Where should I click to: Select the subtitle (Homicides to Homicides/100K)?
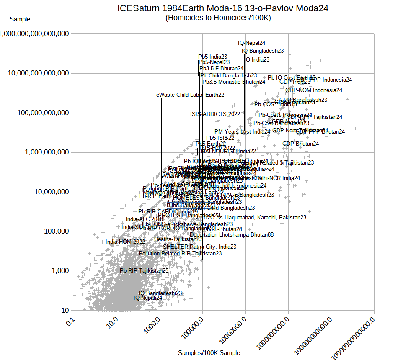tap(218, 18)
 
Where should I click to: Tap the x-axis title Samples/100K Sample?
tap(209, 353)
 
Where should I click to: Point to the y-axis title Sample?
tap(20, 19)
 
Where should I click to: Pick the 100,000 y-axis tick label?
tap(54, 231)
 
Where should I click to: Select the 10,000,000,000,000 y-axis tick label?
tap(38, 73)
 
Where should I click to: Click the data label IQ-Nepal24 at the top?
tap(251, 43)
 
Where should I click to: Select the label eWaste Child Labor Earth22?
tap(190, 95)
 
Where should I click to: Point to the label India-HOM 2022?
tap(125, 242)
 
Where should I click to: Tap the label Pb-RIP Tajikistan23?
tap(144, 271)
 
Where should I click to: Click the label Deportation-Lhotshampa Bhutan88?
tap(232, 235)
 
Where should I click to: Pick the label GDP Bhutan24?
tap(300, 144)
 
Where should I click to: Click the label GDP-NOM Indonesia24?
tap(314, 90)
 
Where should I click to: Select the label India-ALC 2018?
tap(144, 219)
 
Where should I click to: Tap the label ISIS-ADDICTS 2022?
tap(215, 114)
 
